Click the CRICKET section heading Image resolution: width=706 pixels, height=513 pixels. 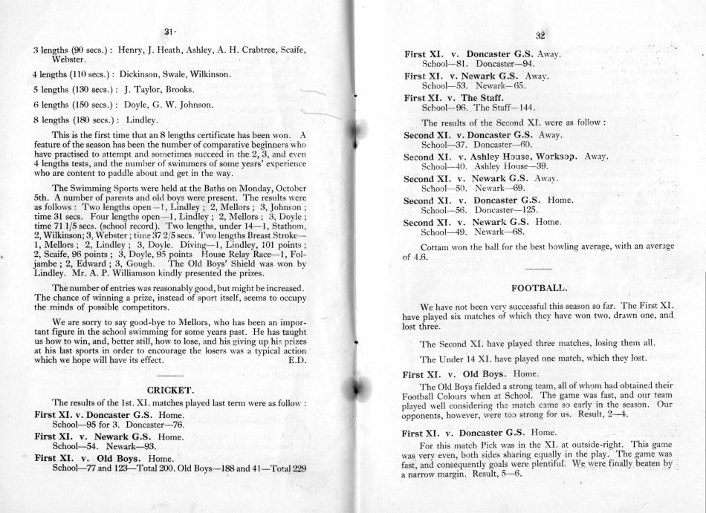pyautogui.click(x=171, y=389)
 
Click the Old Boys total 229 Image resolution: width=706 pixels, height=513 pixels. pyautogui.click(x=297, y=469)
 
